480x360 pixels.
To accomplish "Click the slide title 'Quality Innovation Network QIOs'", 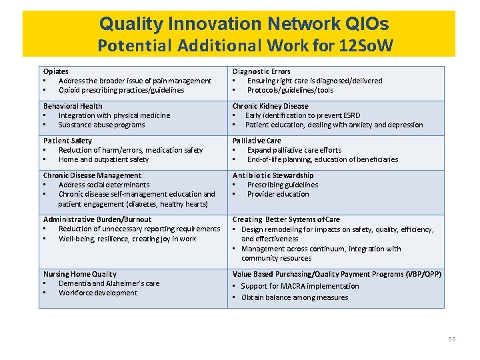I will click(x=244, y=25).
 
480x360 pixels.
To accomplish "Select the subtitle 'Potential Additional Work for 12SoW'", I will click(x=244, y=46).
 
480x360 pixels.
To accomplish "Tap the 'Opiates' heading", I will click(x=56, y=71).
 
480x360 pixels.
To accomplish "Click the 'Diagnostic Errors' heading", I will click(x=261, y=71).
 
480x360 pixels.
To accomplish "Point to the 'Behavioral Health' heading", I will click(x=73, y=106).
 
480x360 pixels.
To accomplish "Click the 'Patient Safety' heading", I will click(x=67, y=141).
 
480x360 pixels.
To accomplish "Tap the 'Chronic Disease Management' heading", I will click(x=92, y=175).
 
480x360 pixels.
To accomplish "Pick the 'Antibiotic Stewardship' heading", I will click(x=273, y=175).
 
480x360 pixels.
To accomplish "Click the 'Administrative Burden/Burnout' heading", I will click(x=97, y=219).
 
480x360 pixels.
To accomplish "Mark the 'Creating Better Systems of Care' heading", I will click(x=286, y=219).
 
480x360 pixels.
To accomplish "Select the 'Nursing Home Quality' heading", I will click(x=80, y=274).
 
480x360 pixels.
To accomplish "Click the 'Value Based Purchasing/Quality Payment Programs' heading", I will click(x=337, y=274).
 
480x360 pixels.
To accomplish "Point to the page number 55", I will click(x=452, y=339).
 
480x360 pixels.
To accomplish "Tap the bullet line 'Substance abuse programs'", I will click(x=101, y=125).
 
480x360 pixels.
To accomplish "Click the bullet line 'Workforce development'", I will click(x=98, y=293).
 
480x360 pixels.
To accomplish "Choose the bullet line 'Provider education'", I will click(x=278, y=194).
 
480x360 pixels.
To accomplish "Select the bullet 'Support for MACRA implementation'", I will click(x=300, y=286).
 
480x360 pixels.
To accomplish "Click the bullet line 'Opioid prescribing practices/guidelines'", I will click(x=121, y=90).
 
